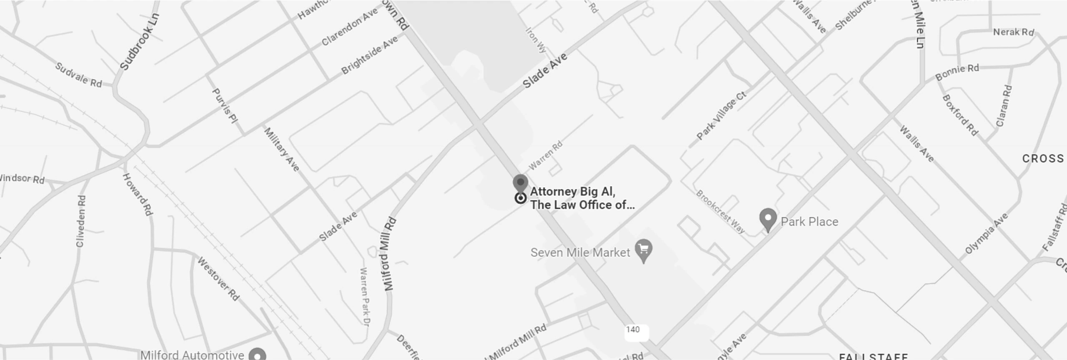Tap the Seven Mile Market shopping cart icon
click(644, 250)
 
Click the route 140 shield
click(633, 330)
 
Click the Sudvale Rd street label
click(79, 75)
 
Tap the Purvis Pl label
click(225, 105)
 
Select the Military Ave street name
click(282, 149)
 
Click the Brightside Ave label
click(370, 55)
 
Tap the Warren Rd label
click(546, 155)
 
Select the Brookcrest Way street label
click(721, 212)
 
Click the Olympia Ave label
click(987, 233)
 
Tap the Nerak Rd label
click(1013, 32)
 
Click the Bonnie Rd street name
click(957, 72)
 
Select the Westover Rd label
click(218, 279)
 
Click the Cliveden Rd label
click(81, 221)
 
